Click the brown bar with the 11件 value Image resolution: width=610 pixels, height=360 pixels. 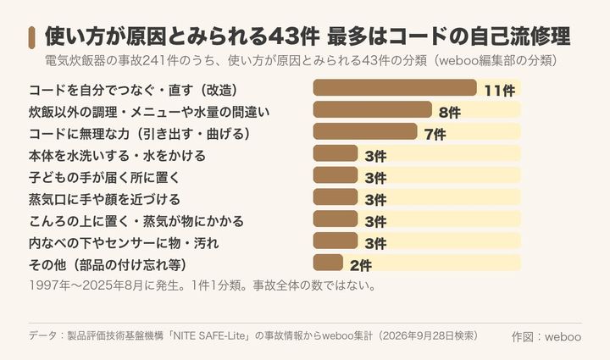(x=395, y=87)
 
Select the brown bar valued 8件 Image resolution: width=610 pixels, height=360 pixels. (x=372, y=109)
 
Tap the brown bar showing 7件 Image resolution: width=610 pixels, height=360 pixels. (x=365, y=131)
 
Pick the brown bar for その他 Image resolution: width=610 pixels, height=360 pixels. (x=328, y=263)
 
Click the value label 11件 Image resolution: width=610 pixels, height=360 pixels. (x=500, y=91)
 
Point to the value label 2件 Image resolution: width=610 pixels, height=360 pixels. (x=361, y=265)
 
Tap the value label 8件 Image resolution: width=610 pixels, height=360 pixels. (x=450, y=113)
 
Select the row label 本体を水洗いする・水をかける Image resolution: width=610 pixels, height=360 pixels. (x=117, y=156)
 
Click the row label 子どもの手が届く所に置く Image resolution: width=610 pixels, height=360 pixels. (x=104, y=177)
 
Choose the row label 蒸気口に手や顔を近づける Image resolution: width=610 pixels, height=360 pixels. (x=104, y=199)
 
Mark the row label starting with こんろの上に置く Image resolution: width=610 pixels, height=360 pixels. (x=136, y=221)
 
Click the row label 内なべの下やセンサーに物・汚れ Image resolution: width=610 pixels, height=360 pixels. (x=124, y=243)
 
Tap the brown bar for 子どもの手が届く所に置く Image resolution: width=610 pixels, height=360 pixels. (x=335, y=175)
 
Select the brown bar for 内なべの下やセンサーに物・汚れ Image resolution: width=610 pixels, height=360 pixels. (x=335, y=241)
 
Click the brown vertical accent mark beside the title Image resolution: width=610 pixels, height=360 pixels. (x=32, y=38)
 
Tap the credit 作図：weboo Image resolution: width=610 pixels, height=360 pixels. (x=546, y=336)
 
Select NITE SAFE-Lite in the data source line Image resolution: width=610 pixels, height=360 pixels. (x=210, y=335)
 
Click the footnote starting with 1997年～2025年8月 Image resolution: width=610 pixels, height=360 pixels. (x=202, y=285)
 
